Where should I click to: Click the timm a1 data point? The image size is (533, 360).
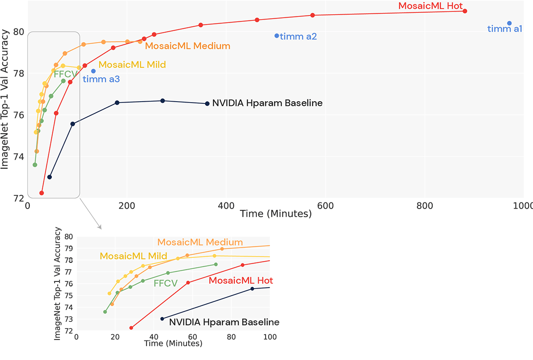[509, 23]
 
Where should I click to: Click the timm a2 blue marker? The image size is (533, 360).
[277, 36]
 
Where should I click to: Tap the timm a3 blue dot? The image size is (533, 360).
[93, 71]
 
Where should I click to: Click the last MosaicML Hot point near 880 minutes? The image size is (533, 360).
[465, 11]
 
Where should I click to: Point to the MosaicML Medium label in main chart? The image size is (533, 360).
[187, 46]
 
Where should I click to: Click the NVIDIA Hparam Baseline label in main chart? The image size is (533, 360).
[267, 103]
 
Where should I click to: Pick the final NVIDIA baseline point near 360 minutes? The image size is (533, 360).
[207, 103]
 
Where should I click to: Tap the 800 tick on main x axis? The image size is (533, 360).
[425, 206]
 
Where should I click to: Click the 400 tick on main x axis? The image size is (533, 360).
[226, 206]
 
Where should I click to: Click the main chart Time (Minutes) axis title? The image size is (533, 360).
[275, 214]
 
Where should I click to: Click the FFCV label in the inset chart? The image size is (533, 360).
[165, 283]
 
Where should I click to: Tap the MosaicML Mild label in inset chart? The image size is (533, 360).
[133, 256]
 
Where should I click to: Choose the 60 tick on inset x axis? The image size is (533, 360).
[192, 337]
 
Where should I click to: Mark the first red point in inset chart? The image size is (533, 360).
[131, 328]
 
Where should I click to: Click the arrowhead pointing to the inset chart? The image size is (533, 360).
[100, 227]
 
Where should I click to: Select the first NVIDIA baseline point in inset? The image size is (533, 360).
[162, 319]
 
